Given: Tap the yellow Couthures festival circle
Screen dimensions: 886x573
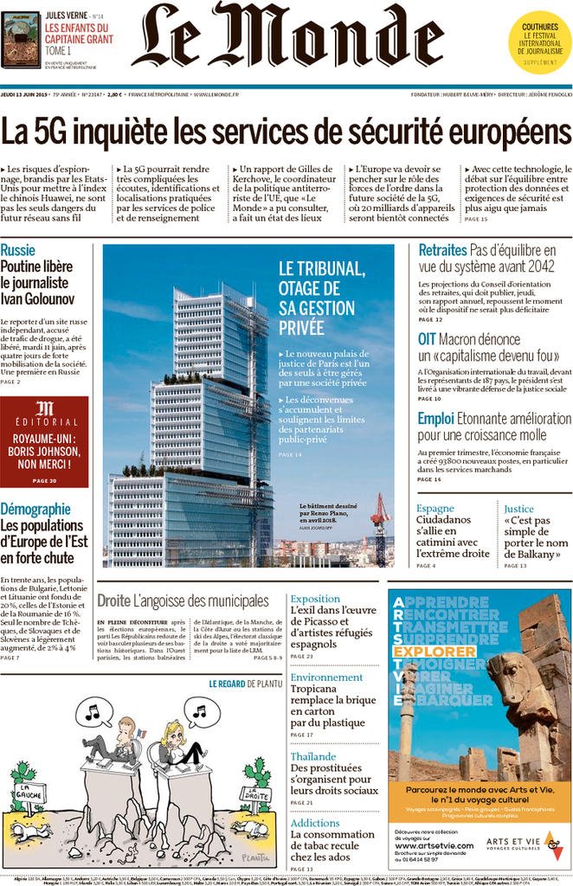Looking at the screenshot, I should (x=539, y=41).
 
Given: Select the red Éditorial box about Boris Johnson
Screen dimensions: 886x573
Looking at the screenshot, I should (x=44, y=441).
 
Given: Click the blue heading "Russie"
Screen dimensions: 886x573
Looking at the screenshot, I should (x=18, y=251).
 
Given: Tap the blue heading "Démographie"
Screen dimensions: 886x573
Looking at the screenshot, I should (x=35, y=510).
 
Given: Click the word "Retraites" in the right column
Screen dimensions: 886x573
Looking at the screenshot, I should (x=442, y=251).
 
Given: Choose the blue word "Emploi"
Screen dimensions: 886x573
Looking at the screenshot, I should (x=435, y=418).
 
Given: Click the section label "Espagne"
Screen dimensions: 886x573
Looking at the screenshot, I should (x=435, y=509).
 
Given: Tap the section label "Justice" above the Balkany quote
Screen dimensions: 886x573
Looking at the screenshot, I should (x=518, y=509).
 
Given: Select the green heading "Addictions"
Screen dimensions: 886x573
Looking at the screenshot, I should (x=315, y=823).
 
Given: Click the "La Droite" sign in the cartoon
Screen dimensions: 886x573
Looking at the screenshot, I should (x=254, y=793).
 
